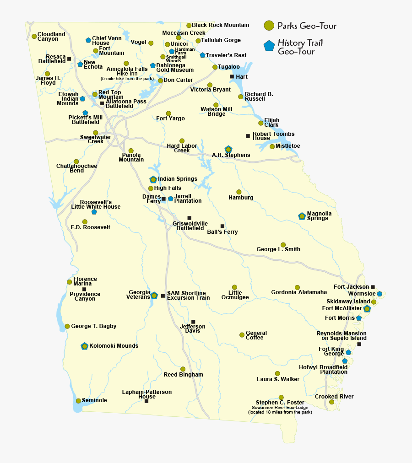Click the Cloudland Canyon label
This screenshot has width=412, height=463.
(x=51, y=37)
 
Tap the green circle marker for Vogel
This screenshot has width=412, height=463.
(x=151, y=43)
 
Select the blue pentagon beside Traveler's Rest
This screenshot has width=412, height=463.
(x=202, y=55)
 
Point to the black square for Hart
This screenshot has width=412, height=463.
(x=232, y=76)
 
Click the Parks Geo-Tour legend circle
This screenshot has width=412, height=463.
(x=270, y=26)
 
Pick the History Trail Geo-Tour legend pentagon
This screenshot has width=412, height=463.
(x=269, y=46)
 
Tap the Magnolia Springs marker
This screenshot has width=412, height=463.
(x=302, y=216)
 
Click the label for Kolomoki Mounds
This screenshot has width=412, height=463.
(x=114, y=346)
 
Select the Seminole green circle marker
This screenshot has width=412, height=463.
(x=78, y=401)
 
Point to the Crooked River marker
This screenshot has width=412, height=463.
(x=331, y=402)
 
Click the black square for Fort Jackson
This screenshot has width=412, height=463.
(x=373, y=287)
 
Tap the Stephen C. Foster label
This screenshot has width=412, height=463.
(x=280, y=403)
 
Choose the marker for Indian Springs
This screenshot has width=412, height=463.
(x=153, y=179)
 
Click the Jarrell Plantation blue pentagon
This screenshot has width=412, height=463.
(x=170, y=199)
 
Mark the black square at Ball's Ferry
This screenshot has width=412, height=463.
(x=222, y=226)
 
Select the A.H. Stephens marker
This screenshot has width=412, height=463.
(x=228, y=149)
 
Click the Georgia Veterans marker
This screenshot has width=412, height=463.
(x=154, y=296)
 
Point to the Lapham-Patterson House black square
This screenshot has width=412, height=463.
(x=146, y=401)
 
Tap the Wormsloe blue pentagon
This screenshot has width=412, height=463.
(x=379, y=294)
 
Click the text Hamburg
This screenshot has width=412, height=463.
(x=241, y=198)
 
